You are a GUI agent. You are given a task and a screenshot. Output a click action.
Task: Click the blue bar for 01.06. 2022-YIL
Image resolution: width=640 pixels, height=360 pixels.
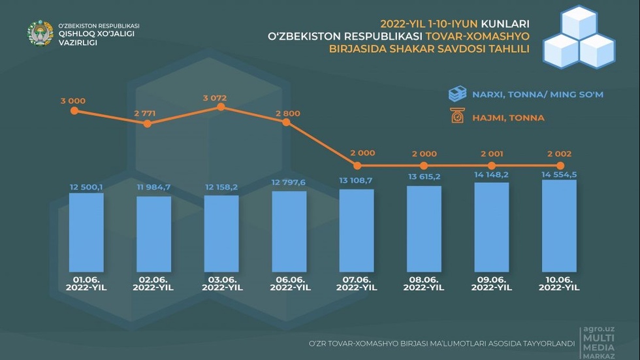point(86,231)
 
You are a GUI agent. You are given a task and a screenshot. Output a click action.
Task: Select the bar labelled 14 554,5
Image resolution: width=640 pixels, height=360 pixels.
point(559,225)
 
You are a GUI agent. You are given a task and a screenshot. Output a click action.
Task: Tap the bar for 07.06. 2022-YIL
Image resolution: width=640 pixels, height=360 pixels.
point(357,229)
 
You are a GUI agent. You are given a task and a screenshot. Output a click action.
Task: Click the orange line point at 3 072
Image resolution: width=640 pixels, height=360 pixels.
point(221,107)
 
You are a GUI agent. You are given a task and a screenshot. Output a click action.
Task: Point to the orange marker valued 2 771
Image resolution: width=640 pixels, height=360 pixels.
point(148,122)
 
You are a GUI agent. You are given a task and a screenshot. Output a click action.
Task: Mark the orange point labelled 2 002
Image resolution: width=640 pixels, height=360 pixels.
point(560,166)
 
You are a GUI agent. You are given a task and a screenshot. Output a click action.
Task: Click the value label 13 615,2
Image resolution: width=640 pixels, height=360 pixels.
point(424,177)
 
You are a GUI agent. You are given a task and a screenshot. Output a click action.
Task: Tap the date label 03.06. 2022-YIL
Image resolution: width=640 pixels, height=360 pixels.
point(221,283)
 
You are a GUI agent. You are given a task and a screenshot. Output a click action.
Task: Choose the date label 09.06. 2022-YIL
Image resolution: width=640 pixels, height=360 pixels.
point(492,283)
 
